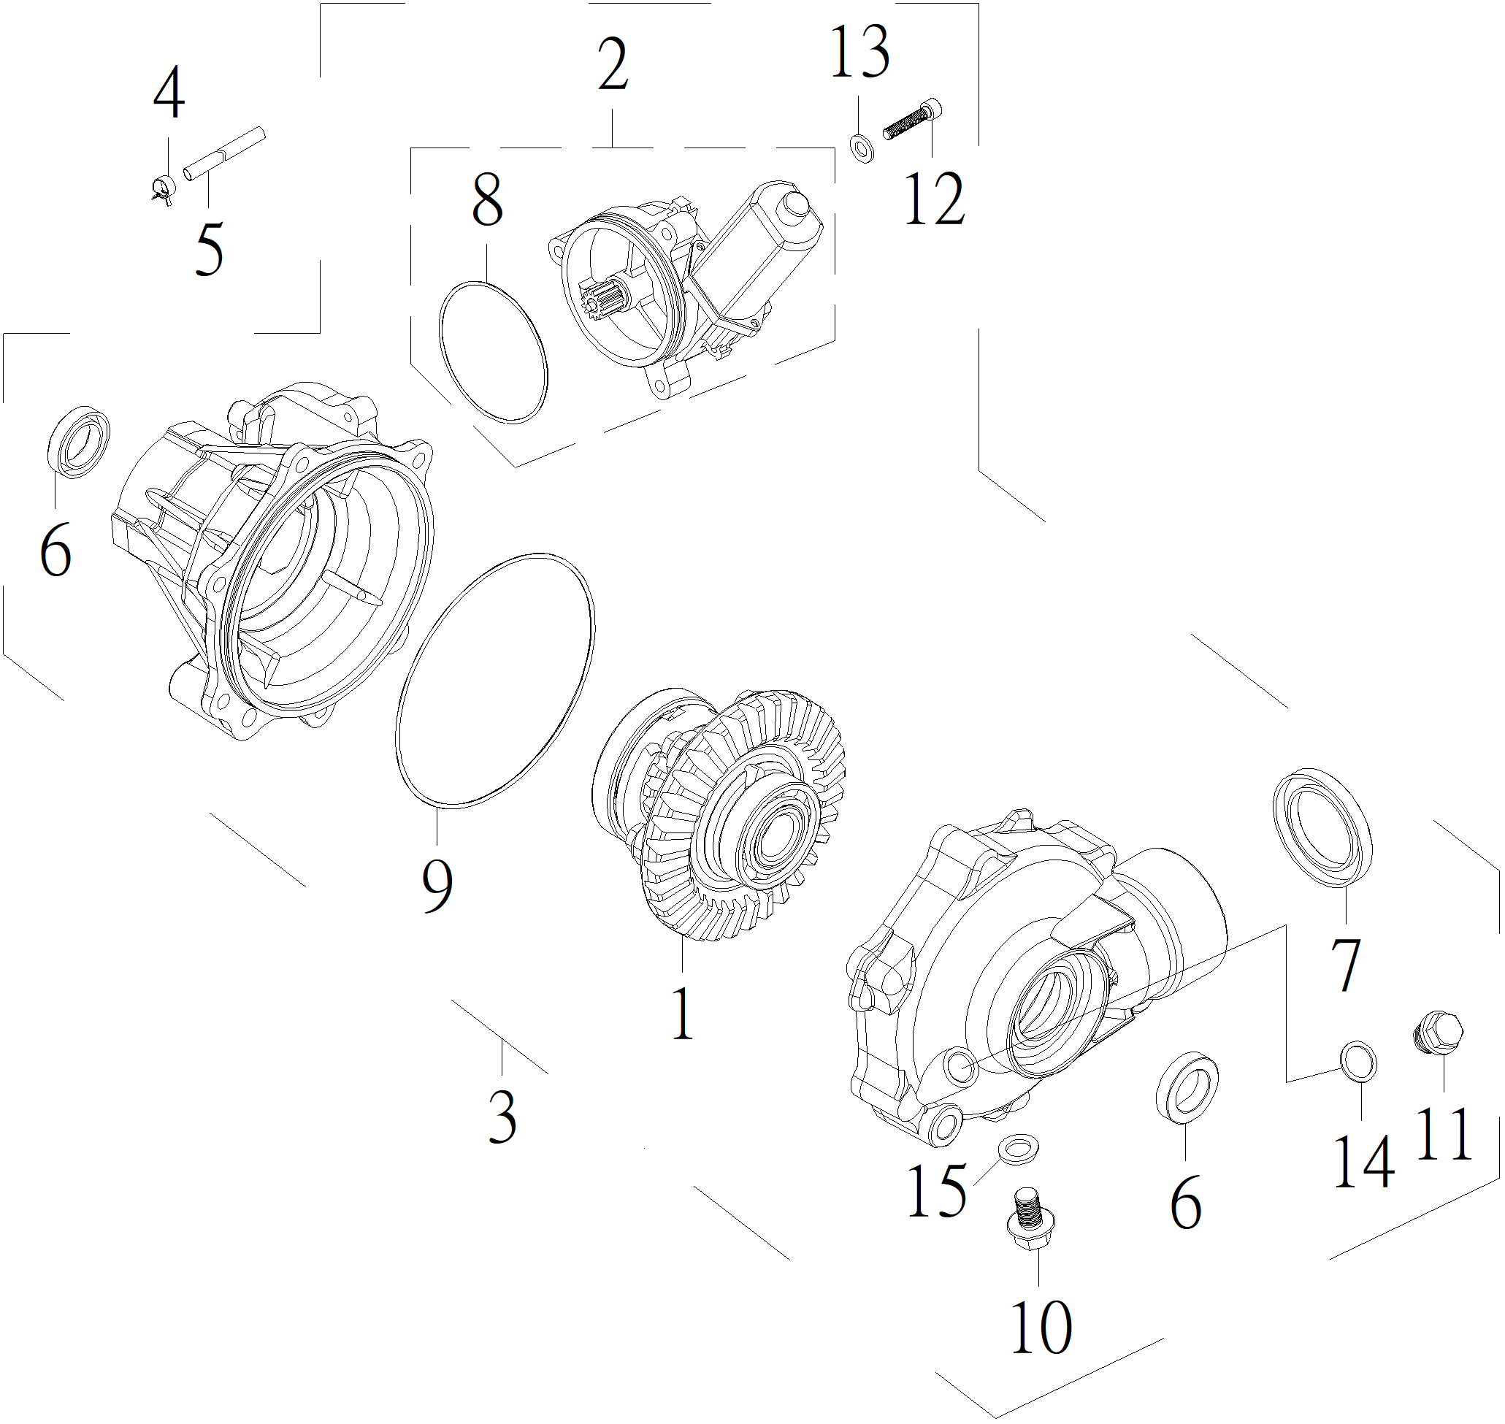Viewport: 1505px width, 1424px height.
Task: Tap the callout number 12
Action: (934, 199)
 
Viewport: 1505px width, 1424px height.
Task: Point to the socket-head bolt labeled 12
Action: (913, 120)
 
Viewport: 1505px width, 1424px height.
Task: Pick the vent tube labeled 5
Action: (223, 153)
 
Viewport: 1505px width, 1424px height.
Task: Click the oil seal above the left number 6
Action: (78, 443)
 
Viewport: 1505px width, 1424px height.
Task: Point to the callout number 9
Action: (437, 886)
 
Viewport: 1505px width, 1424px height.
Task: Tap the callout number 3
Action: (502, 1117)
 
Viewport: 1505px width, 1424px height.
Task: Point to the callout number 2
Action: (613, 65)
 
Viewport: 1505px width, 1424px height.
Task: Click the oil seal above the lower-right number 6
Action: (1187, 1087)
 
